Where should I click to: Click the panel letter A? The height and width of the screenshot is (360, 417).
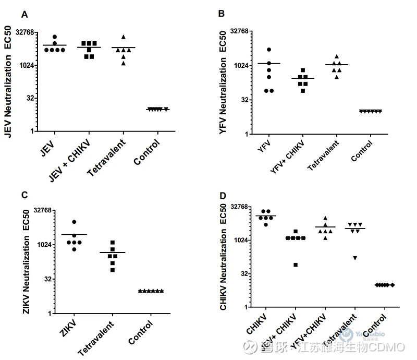(24, 15)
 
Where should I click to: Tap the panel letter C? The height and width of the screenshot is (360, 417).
(24, 195)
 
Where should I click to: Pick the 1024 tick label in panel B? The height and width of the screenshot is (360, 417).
(243, 65)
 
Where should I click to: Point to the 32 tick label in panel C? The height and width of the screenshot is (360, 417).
(44, 279)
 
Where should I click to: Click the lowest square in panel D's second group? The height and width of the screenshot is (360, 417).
(296, 265)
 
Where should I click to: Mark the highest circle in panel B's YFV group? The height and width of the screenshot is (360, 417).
(269, 50)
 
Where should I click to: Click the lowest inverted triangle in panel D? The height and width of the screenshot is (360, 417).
(355, 258)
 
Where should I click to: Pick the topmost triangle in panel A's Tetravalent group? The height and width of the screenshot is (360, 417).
(124, 37)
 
